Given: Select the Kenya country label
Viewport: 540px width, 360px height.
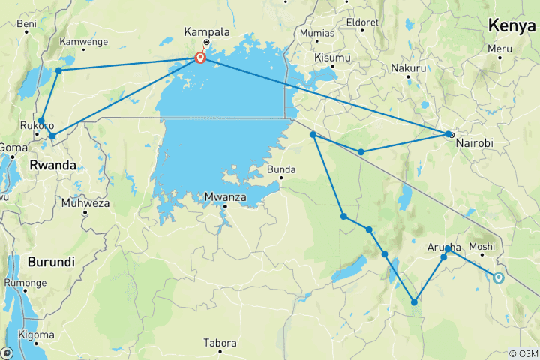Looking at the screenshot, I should click(513, 25).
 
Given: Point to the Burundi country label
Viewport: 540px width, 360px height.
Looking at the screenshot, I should click(51, 262).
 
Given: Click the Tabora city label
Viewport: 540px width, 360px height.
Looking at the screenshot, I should click(220, 343).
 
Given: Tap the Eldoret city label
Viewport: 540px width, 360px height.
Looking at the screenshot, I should click(363, 22).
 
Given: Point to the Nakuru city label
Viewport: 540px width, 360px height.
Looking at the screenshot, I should click(408, 68).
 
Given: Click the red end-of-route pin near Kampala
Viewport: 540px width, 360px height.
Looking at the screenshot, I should click(200, 57).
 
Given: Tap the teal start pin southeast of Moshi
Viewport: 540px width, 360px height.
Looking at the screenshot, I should click(499, 277).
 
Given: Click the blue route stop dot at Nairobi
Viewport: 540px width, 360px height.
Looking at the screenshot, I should click(449, 135).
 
